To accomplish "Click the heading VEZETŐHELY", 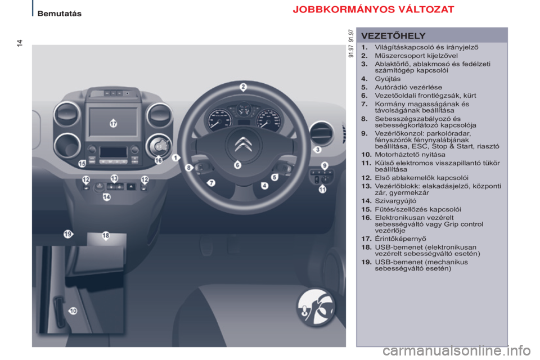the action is (393, 36).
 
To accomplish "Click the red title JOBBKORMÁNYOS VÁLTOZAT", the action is (373, 10).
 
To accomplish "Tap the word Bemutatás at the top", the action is (60, 13).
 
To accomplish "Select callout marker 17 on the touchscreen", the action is (113, 123).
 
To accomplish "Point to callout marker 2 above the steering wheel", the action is (243, 87).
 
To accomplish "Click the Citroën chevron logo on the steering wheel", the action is (244, 144).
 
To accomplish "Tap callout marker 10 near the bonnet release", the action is (73, 310).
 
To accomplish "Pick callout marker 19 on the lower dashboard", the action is (68, 234).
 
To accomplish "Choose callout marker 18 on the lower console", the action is (106, 235).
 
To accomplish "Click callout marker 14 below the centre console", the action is (107, 197).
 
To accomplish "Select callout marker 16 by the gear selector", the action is (159, 160).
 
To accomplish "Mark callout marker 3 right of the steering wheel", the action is (317, 150).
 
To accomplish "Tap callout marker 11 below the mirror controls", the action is (322, 189).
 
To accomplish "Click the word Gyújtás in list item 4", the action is (388, 79).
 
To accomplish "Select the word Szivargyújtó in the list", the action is (395, 201).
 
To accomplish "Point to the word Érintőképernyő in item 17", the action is (400, 238).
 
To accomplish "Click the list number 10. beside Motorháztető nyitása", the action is (366, 155).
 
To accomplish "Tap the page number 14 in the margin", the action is (20, 43).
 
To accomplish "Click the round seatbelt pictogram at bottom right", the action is (316, 307).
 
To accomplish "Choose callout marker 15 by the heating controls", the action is (82, 164).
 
